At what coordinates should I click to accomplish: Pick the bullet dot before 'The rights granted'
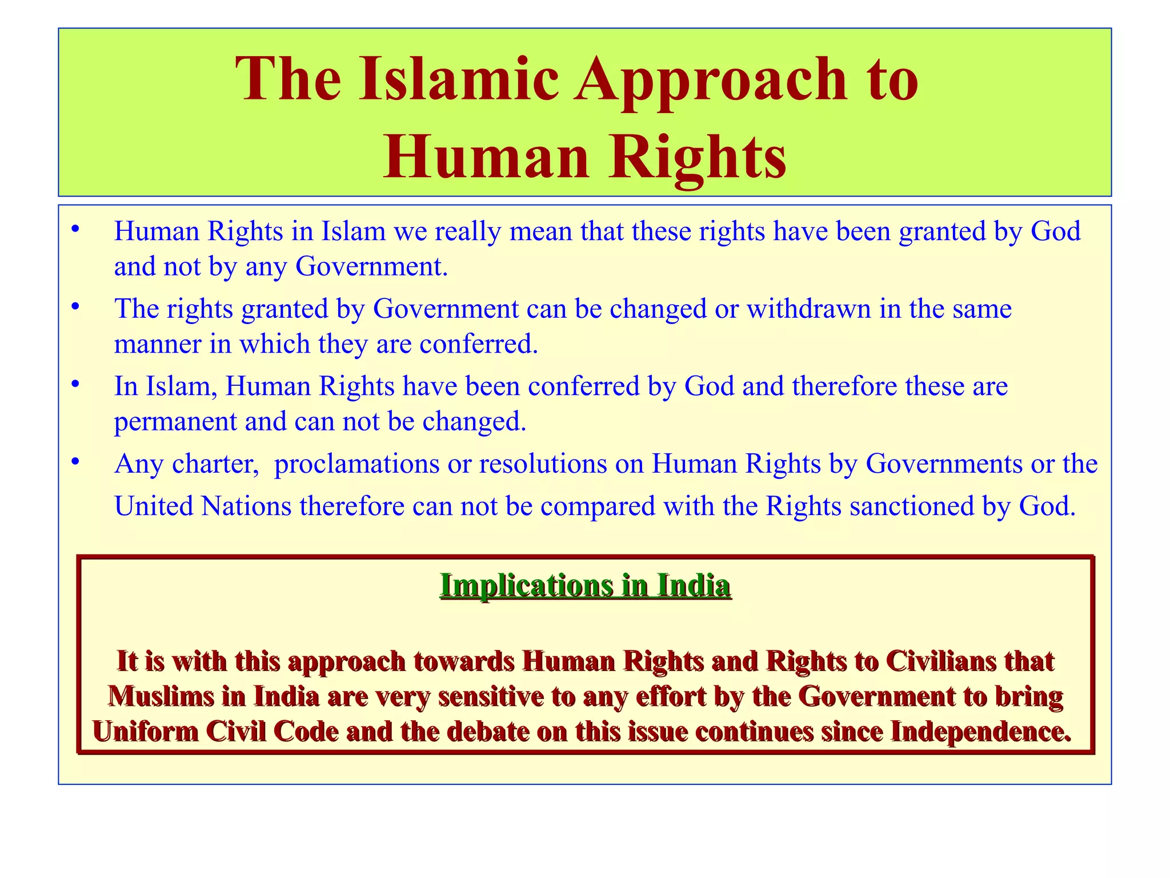click(x=74, y=307)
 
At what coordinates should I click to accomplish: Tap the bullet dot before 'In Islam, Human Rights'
click(x=74, y=385)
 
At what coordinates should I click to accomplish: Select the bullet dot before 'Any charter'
click(x=74, y=462)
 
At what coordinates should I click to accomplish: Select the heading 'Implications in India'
click(x=585, y=585)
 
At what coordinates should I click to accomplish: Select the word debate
click(x=486, y=731)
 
